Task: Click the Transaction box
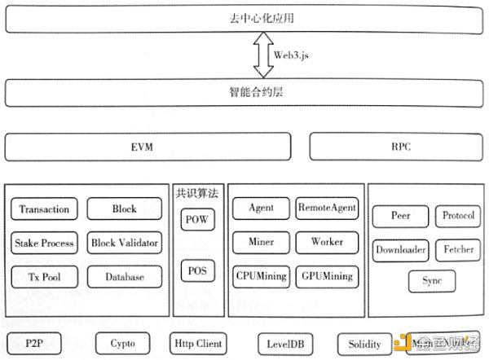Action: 45,209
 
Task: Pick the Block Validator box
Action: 125,243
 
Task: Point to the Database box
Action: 124,277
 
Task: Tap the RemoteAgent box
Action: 326,208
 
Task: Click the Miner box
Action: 261,242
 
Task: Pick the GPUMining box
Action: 326,276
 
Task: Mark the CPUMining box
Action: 261,276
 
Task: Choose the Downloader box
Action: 401,249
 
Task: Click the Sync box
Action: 432,282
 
